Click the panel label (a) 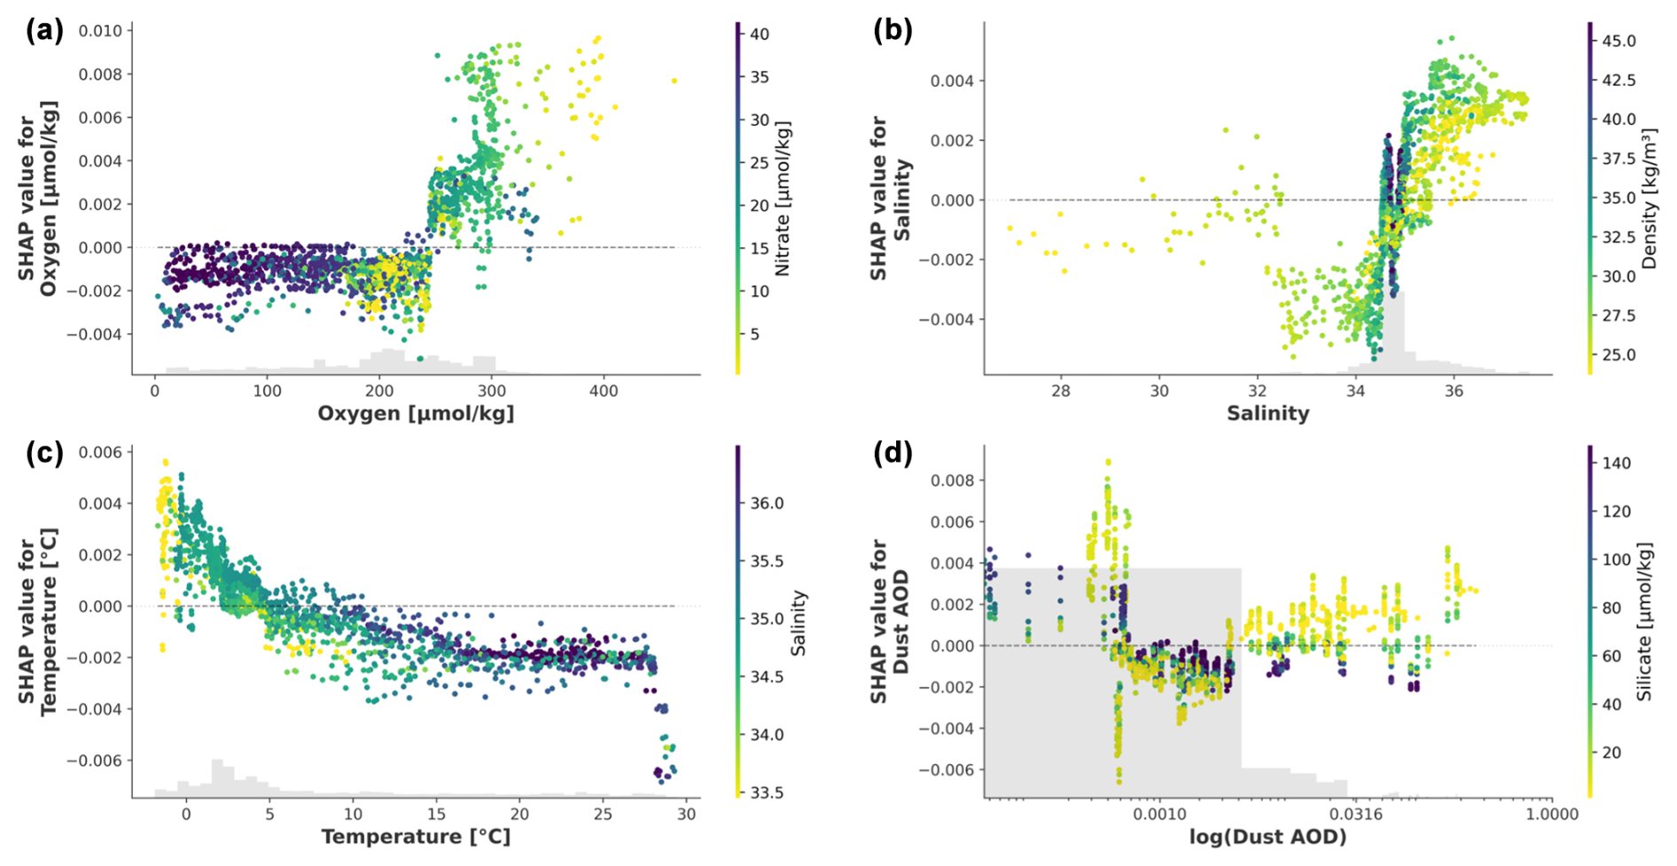click(x=44, y=31)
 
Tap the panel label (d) click(x=893, y=453)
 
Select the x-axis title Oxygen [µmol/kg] click(x=416, y=413)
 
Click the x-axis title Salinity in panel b click(x=1267, y=413)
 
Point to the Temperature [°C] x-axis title click(x=416, y=837)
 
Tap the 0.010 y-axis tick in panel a click(x=100, y=31)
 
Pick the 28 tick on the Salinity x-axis click(x=1061, y=391)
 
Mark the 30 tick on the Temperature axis click(x=686, y=815)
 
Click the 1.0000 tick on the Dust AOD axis click(x=1551, y=815)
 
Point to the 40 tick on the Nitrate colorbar click(x=760, y=35)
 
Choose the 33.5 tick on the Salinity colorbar click(x=768, y=792)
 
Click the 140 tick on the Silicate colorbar click(x=1617, y=463)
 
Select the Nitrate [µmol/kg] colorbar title click(x=783, y=199)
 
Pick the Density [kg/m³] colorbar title click(x=1649, y=199)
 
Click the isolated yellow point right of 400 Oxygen click(x=675, y=81)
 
